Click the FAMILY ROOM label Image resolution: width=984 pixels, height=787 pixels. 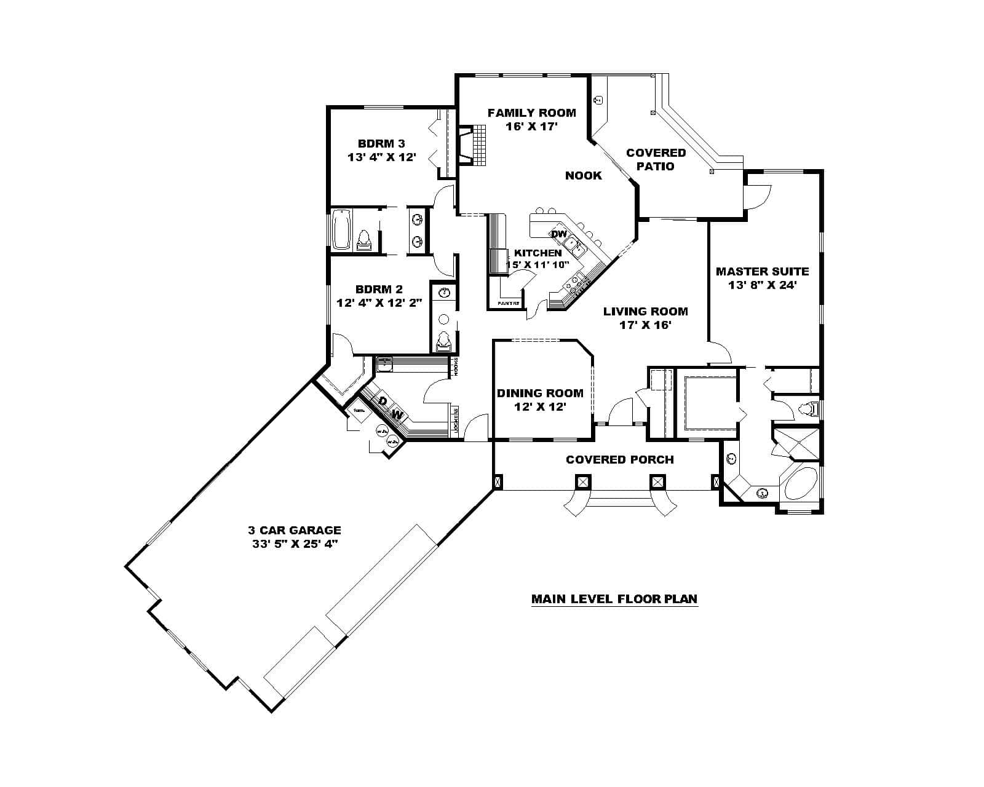click(x=531, y=113)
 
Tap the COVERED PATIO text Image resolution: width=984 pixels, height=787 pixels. click(x=656, y=159)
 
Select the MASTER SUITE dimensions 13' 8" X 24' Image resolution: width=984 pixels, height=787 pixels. click(x=762, y=285)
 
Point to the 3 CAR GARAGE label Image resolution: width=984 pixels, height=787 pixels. click(x=294, y=530)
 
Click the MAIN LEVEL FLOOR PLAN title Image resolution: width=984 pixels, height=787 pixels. click(x=614, y=599)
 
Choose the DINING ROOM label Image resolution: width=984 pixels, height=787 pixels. click(x=540, y=393)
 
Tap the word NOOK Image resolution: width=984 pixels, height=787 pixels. click(x=583, y=176)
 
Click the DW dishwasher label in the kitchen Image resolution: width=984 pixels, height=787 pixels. click(x=558, y=234)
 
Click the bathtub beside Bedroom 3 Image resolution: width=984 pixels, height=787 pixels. click(x=341, y=229)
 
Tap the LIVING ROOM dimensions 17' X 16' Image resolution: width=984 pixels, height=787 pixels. click(x=645, y=325)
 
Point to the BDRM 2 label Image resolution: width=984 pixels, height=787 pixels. click(x=379, y=289)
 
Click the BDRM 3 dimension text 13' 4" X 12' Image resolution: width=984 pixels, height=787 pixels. click(x=382, y=157)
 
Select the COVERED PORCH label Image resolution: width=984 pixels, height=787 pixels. click(x=619, y=460)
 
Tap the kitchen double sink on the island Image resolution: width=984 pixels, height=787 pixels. click(x=576, y=247)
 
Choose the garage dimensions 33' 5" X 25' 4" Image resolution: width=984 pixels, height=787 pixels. click(x=294, y=544)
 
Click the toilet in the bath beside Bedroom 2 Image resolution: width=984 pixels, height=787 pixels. click(x=443, y=340)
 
